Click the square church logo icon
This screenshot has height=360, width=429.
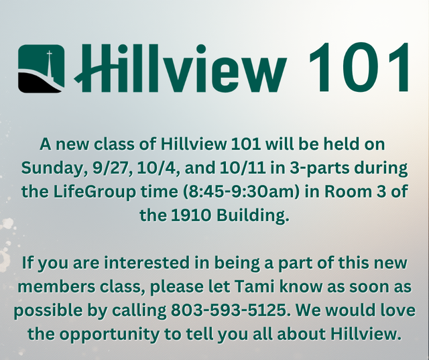coord(42,68)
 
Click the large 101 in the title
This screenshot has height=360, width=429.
coord(359,67)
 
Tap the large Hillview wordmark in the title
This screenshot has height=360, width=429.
coord(180,68)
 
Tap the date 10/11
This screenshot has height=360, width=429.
coord(243,168)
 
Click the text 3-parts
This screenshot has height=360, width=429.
coord(320,168)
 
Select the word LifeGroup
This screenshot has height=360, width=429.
coord(95,192)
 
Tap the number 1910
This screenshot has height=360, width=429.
coord(191,216)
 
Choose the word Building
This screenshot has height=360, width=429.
coord(253,216)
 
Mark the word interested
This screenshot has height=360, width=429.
coord(147,263)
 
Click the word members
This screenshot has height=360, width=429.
coord(56,286)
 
